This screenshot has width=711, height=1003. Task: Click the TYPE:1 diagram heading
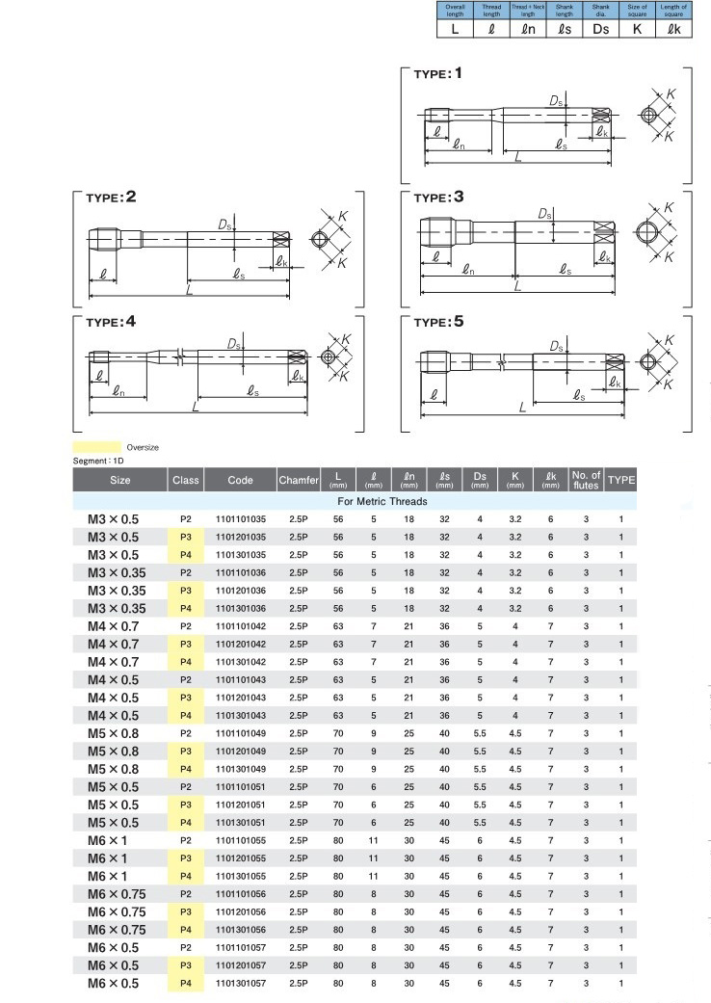click(437, 74)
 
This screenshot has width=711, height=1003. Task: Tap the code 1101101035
click(240, 519)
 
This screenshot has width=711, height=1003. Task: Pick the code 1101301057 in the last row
click(240, 984)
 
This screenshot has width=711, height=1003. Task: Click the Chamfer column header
click(298, 480)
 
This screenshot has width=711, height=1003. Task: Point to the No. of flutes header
click(586, 480)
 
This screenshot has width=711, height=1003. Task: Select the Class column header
click(186, 480)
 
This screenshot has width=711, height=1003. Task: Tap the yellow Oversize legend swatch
click(97, 447)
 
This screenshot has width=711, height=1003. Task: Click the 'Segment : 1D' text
click(99, 461)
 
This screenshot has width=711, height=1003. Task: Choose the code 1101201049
click(240, 752)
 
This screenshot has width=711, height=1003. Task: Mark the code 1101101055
click(240, 840)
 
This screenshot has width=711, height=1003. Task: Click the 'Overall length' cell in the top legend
click(455, 12)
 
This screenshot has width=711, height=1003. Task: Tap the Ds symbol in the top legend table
click(601, 30)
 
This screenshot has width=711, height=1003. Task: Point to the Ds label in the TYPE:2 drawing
click(224, 224)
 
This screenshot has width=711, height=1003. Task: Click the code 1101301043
click(240, 716)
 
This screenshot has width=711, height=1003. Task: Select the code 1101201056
click(240, 912)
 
